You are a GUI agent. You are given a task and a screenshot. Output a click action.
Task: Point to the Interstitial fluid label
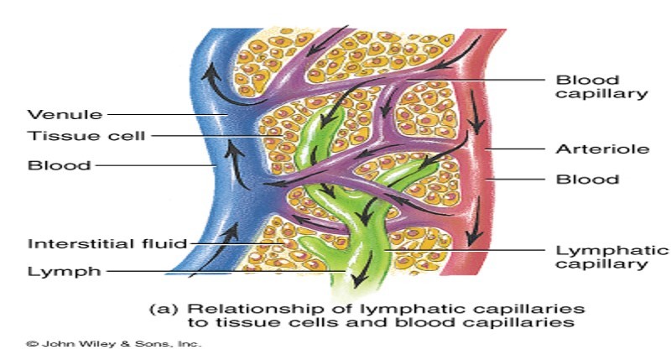[107, 244]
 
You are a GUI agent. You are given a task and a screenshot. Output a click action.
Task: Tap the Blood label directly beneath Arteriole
[587, 179]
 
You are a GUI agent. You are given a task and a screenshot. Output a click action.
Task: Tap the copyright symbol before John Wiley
[33, 343]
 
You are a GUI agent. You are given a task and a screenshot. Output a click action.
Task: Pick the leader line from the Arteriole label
[512, 149]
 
